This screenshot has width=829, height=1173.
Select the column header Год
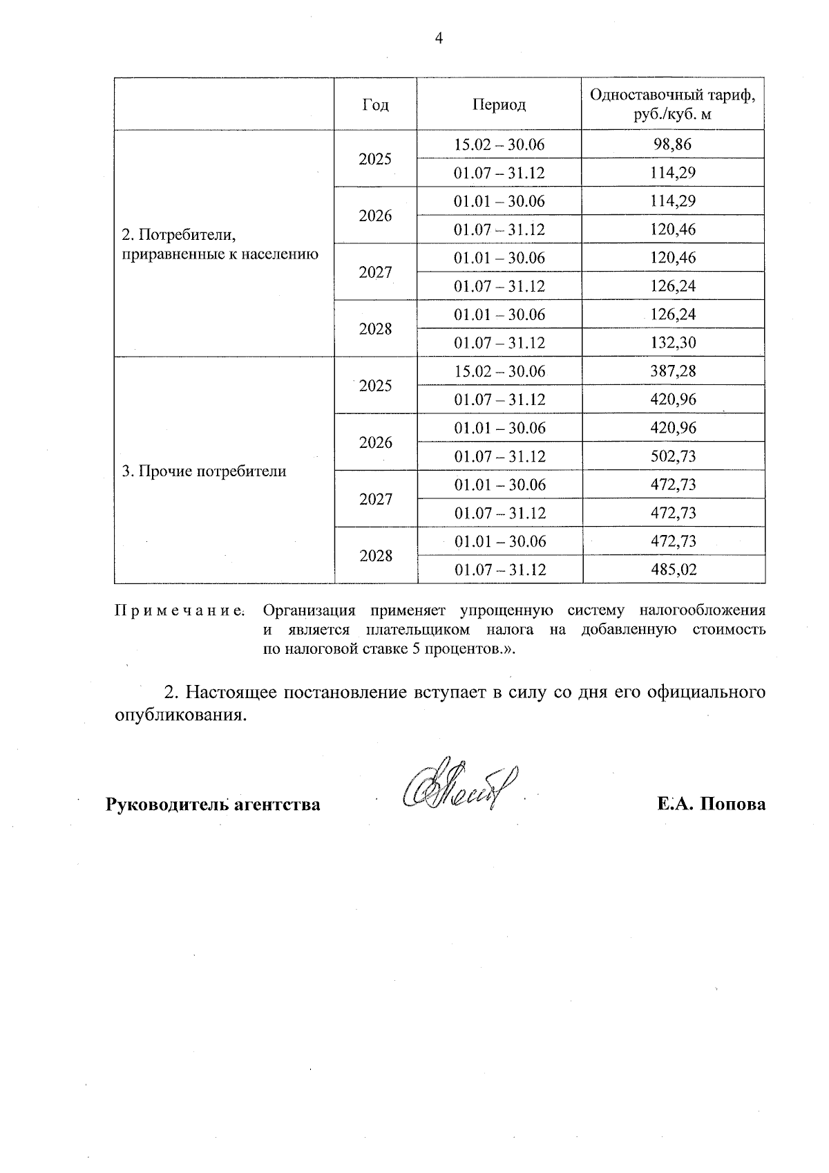pos(375,104)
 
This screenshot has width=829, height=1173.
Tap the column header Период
pos(499,104)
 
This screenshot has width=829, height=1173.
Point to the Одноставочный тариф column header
pos(673,104)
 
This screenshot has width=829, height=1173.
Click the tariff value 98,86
pos(673,144)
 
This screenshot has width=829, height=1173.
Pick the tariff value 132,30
pos(673,343)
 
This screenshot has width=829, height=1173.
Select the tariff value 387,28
pos(673,371)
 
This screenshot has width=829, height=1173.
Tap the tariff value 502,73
pos(673,456)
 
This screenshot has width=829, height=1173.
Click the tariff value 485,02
pos(673,570)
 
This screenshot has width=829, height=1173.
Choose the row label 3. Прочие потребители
pos(204,471)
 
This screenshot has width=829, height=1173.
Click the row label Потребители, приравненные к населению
pos(220,245)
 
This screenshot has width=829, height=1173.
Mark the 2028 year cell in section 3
pos(375,556)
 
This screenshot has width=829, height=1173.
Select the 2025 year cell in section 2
pos(375,159)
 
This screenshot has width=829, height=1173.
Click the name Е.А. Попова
pos(712,805)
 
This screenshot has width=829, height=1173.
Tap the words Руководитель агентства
pos(213,805)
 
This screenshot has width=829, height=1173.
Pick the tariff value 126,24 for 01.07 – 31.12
pos(673,286)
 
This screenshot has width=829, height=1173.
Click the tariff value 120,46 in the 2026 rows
pos(673,229)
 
